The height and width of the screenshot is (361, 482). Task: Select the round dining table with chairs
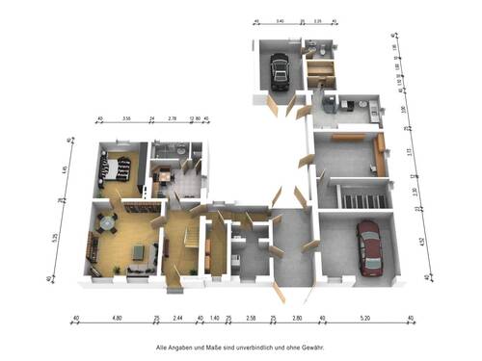[107, 227]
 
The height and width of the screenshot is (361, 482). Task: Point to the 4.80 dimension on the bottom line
[117, 317]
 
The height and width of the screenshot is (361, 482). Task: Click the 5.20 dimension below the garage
[365, 317]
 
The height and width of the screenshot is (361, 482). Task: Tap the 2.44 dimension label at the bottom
[177, 317]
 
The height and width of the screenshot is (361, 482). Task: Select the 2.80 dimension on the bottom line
[297, 317]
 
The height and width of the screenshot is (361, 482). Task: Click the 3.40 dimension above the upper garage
[279, 20]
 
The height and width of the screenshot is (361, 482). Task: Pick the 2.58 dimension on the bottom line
[250, 317]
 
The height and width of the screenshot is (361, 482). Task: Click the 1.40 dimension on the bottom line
[215, 317]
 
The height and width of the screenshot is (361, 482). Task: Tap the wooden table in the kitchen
[165, 175]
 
